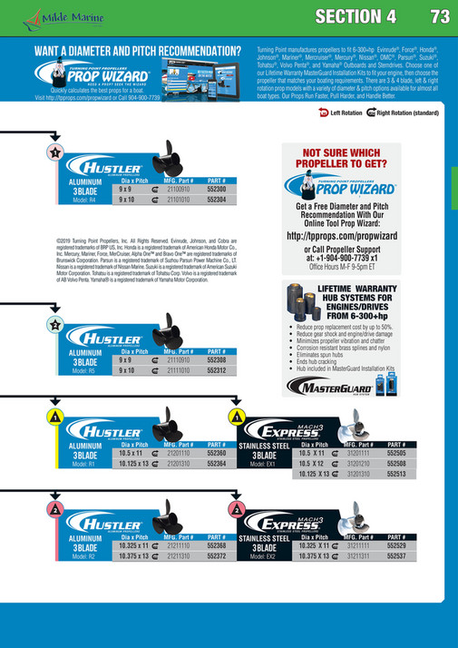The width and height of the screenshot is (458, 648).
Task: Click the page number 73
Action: pyautogui.click(x=440, y=17)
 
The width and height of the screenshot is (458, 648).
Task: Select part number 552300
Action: pyautogui.click(x=216, y=189)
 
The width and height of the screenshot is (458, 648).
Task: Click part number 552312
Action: pyautogui.click(x=216, y=370)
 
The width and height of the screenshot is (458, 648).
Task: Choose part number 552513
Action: pyautogui.click(x=397, y=474)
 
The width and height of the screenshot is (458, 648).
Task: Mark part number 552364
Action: pyautogui.click(x=216, y=463)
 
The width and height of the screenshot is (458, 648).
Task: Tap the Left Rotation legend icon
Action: pyautogui.click(x=325, y=113)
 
